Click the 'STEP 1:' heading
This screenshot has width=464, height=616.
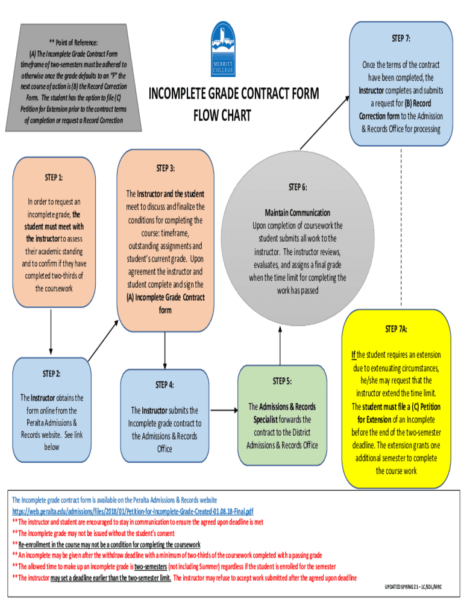[54, 177]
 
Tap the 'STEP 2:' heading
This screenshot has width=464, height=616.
[51, 374]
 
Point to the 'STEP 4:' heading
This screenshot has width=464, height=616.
[165, 384]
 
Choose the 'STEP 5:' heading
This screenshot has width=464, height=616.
[281, 381]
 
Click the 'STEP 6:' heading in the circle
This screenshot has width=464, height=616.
[298, 187]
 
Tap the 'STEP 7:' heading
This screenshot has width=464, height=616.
[401, 38]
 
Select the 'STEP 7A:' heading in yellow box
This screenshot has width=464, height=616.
[396, 329]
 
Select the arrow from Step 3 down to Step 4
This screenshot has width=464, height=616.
[165, 350]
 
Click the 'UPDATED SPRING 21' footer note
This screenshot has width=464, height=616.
[416, 587]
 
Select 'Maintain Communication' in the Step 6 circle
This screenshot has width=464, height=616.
[298, 213]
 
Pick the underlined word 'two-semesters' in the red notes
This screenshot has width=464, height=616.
[151, 567]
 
